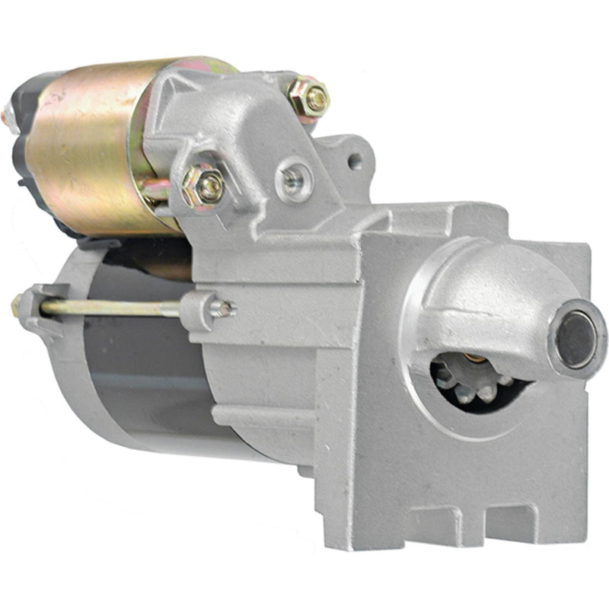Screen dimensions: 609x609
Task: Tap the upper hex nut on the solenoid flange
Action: tap(310, 97)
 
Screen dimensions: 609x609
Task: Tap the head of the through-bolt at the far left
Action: tap(17, 306)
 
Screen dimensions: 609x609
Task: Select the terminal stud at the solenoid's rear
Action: tap(6, 116)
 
